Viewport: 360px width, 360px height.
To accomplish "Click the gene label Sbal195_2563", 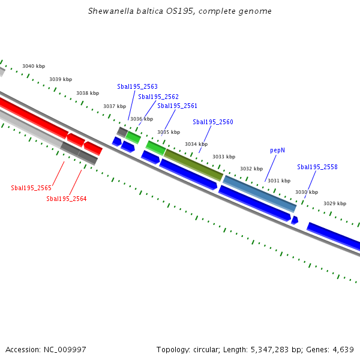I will pyautogui.click(x=137, y=87).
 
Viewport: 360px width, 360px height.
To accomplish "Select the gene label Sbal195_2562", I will pyautogui.click(x=158, y=97).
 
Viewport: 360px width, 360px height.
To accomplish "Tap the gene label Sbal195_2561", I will pyautogui.click(x=177, y=106).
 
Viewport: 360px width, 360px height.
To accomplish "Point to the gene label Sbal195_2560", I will pyautogui.click(x=213, y=122).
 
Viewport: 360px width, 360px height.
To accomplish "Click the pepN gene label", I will pyautogui.click(x=277, y=150).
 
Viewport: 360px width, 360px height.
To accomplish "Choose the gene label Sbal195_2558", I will pyautogui.click(x=317, y=167).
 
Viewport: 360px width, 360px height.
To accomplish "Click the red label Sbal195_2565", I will pyautogui.click(x=31, y=188).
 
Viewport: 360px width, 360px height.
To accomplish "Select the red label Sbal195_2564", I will pyautogui.click(x=67, y=199).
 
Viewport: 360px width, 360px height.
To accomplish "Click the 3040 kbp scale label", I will pyautogui.click(x=34, y=67).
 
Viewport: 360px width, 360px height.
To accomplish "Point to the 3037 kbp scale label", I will pyautogui.click(x=115, y=106).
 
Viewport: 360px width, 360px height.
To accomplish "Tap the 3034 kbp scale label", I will pyautogui.click(x=196, y=145).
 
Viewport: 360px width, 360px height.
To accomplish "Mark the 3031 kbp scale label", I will pyautogui.click(x=279, y=181).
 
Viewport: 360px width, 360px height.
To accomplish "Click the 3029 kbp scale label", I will pyautogui.click(x=335, y=203).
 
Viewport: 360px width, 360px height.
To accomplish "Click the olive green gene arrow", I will pyautogui.click(x=193, y=164).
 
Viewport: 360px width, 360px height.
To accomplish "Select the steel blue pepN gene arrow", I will pyautogui.click(x=259, y=193).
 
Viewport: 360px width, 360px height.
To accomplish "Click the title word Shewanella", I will pyautogui.click(x=109, y=11).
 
